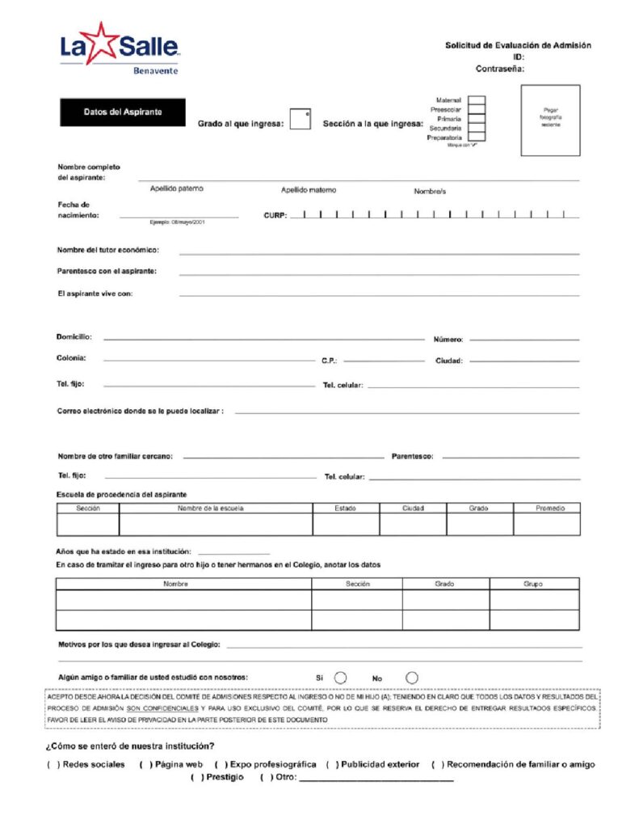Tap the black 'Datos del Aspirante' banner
[x=122, y=112]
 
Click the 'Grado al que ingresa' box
[x=300, y=119]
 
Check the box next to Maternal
[x=477, y=100]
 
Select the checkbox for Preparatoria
[x=477, y=138]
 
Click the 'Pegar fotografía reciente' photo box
[x=550, y=120]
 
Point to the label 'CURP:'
[x=275, y=216]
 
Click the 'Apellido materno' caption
[x=308, y=190]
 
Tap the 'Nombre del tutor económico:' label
[x=107, y=250]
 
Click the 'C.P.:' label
[x=329, y=361]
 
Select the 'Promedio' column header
[x=550, y=509]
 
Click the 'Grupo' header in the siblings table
[x=533, y=583]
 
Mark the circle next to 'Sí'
[x=341, y=678]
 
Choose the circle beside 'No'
[x=412, y=678]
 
